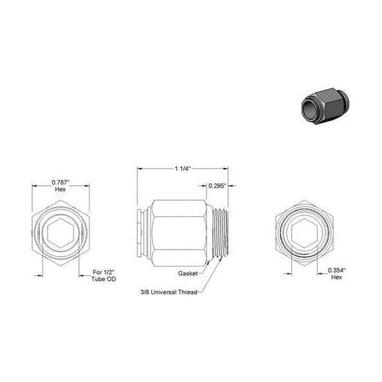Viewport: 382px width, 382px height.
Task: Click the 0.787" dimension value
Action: coord(61,183)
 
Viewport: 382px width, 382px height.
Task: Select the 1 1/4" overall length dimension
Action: coord(183,169)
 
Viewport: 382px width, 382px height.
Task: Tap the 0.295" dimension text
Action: coord(218,186)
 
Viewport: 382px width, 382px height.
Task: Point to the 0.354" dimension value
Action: coord(337,270)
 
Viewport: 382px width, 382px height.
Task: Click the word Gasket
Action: coord(188,274)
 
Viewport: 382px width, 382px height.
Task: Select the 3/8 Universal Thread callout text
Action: coord(169,292)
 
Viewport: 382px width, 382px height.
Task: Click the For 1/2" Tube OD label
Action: coord(104,276)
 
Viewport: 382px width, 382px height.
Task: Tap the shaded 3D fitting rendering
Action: coord(325,106)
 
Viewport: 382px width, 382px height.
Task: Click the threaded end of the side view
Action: coord(220,234)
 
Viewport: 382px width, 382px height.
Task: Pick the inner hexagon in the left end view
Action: coord(61,234)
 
